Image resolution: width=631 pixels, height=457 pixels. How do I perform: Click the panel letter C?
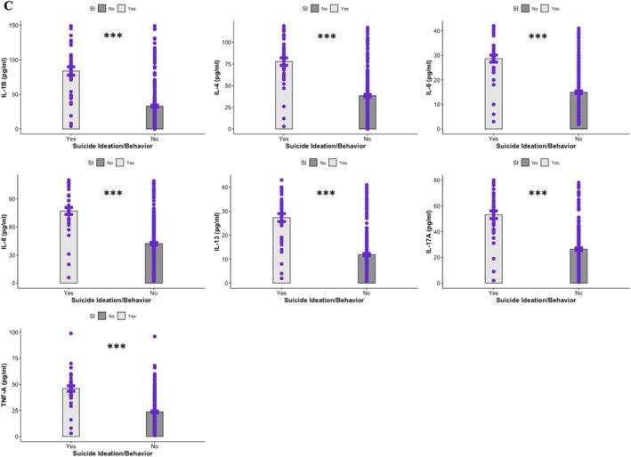pyautogui.click(x=6, y=5)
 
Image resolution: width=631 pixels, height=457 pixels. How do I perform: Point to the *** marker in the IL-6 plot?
pyautogui.click(x=538, y=37)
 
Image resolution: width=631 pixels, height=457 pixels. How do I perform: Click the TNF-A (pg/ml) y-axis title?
pyautogui.click(x=7, y=384)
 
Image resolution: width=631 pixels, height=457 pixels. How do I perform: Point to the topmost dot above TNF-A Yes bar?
pyautogui.click(x=70, y=333)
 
